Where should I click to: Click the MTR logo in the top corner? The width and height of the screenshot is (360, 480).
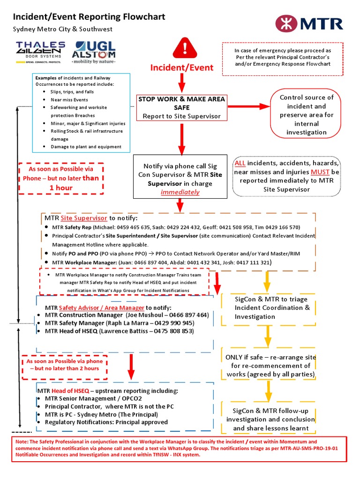309,23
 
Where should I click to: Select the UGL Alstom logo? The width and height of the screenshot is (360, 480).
94,52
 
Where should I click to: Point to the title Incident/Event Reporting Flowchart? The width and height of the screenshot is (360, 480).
89,17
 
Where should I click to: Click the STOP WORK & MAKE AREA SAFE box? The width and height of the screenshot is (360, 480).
181,107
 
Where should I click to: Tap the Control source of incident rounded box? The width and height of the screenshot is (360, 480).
306,115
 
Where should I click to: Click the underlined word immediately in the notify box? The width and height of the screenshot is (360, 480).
180,192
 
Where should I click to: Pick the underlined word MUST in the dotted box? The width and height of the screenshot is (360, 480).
319,172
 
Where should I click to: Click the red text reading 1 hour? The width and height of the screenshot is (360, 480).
61,187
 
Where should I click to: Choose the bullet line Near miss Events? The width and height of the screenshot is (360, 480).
69,100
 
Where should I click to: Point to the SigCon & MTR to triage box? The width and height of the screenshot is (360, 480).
268,308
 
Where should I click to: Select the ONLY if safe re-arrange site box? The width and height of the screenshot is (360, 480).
271,366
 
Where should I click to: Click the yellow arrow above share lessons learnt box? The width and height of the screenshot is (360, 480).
269,389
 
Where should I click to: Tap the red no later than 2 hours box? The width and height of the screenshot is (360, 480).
65,365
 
